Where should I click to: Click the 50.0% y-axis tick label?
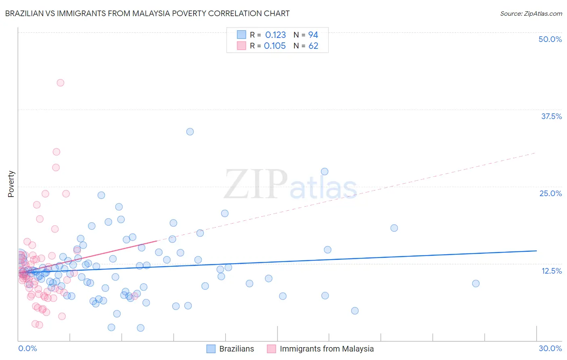[x=550, y=39]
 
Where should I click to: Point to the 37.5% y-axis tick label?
[x=551, y=116]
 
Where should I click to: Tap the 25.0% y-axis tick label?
[x=550, y=193]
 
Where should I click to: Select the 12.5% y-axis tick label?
[x=551, y=271]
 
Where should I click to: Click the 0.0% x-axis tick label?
[x=27, y=348]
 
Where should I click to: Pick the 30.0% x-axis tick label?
[x=550, y=348]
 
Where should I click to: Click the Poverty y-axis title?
[x=11, y=184]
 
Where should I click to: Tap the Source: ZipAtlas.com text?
[x=531, y=13]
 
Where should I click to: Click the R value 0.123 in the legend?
[x=275, y=35]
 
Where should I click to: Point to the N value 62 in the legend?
[x=313, y=46]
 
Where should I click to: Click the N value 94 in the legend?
[x=313, y=35]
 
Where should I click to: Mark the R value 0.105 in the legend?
[x=275, y=46]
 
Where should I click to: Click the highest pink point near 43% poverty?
[x=60, y=83]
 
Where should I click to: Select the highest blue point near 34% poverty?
[x=190, y=132]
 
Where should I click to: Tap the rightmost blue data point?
[x=476, y=283]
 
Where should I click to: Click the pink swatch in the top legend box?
[x=241, y=46]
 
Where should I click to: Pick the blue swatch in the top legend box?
[x=241, y=35]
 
